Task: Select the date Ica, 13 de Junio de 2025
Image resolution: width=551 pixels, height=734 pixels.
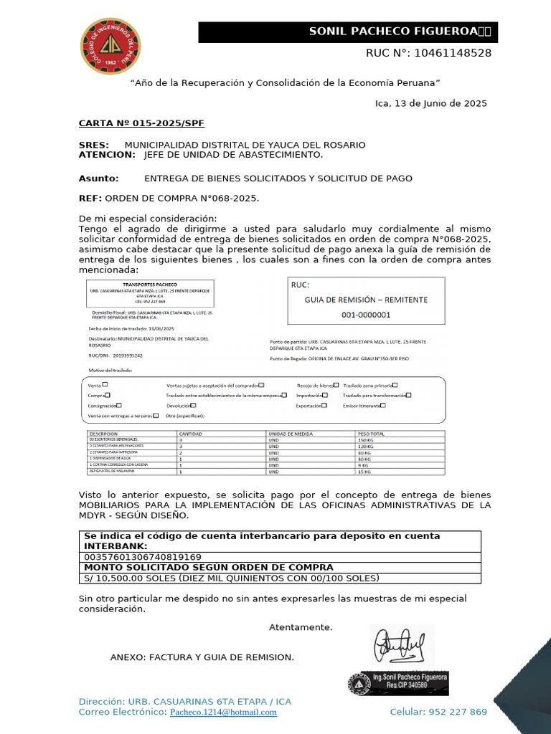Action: pyautogui.click(x=431, y=103)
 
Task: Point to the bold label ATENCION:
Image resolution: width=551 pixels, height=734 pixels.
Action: pyautogui.click(x=107, y=154)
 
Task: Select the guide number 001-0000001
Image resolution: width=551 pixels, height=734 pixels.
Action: pyautogui.click(x=366, y=314)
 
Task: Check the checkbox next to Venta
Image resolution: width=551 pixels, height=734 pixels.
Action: pyautogui.click(x=105, y=384)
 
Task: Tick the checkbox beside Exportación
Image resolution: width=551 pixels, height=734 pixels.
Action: pyautogui.click(x=324, y=405)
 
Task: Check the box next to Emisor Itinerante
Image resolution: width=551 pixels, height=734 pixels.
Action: pyautogui.click(x=383, y=405)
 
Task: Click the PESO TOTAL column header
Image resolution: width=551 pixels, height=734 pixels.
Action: pyautogui.click(x=372, y=434)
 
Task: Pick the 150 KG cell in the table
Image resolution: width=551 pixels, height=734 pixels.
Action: pyautogui.click(x=366, y=439)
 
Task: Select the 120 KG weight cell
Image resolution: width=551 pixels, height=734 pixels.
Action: pyautogui.click(x=366, y=446)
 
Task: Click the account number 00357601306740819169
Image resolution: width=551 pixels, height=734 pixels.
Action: pyautogui.click(x=143, y=556)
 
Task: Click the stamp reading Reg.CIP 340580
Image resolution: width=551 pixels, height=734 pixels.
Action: pyautogui.click(x=409, y=685)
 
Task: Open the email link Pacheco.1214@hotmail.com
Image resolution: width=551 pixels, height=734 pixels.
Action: pyautogui.click(x=223, y=712)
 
